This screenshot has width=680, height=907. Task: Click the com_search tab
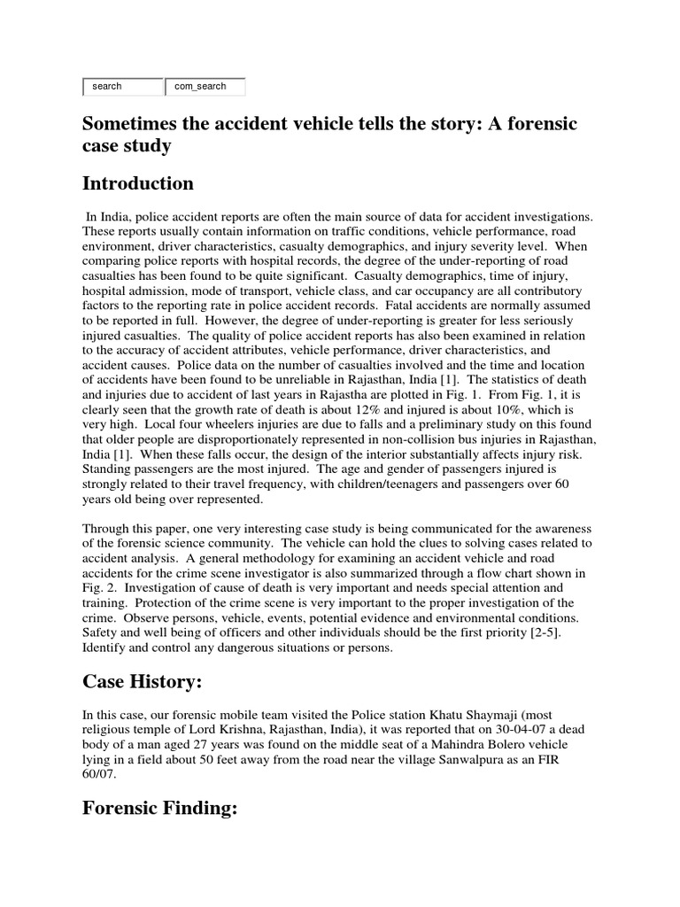[x=205, y=87]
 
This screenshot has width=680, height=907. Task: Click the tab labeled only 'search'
[x=122, y=87]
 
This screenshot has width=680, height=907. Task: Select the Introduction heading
[x=138, y=183]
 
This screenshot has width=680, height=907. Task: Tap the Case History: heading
[x=144, y=682]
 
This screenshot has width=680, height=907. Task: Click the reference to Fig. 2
[x=97, y=588]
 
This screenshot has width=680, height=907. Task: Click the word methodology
[x=272, y=558]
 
